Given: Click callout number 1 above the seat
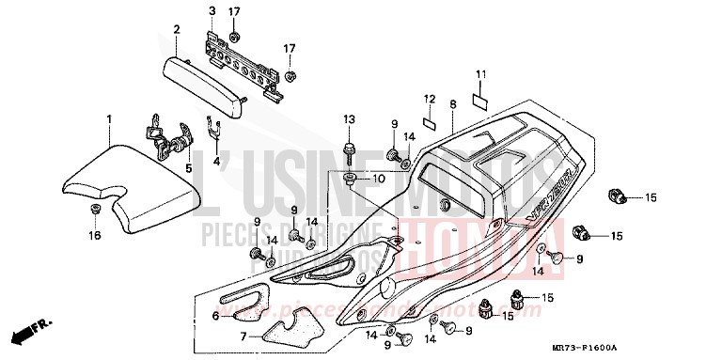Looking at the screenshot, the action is coord(108,119).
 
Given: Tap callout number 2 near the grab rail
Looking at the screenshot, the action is coord(176,29).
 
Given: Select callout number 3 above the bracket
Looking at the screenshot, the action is coord(212,10).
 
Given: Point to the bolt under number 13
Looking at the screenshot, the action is coord(350,148).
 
